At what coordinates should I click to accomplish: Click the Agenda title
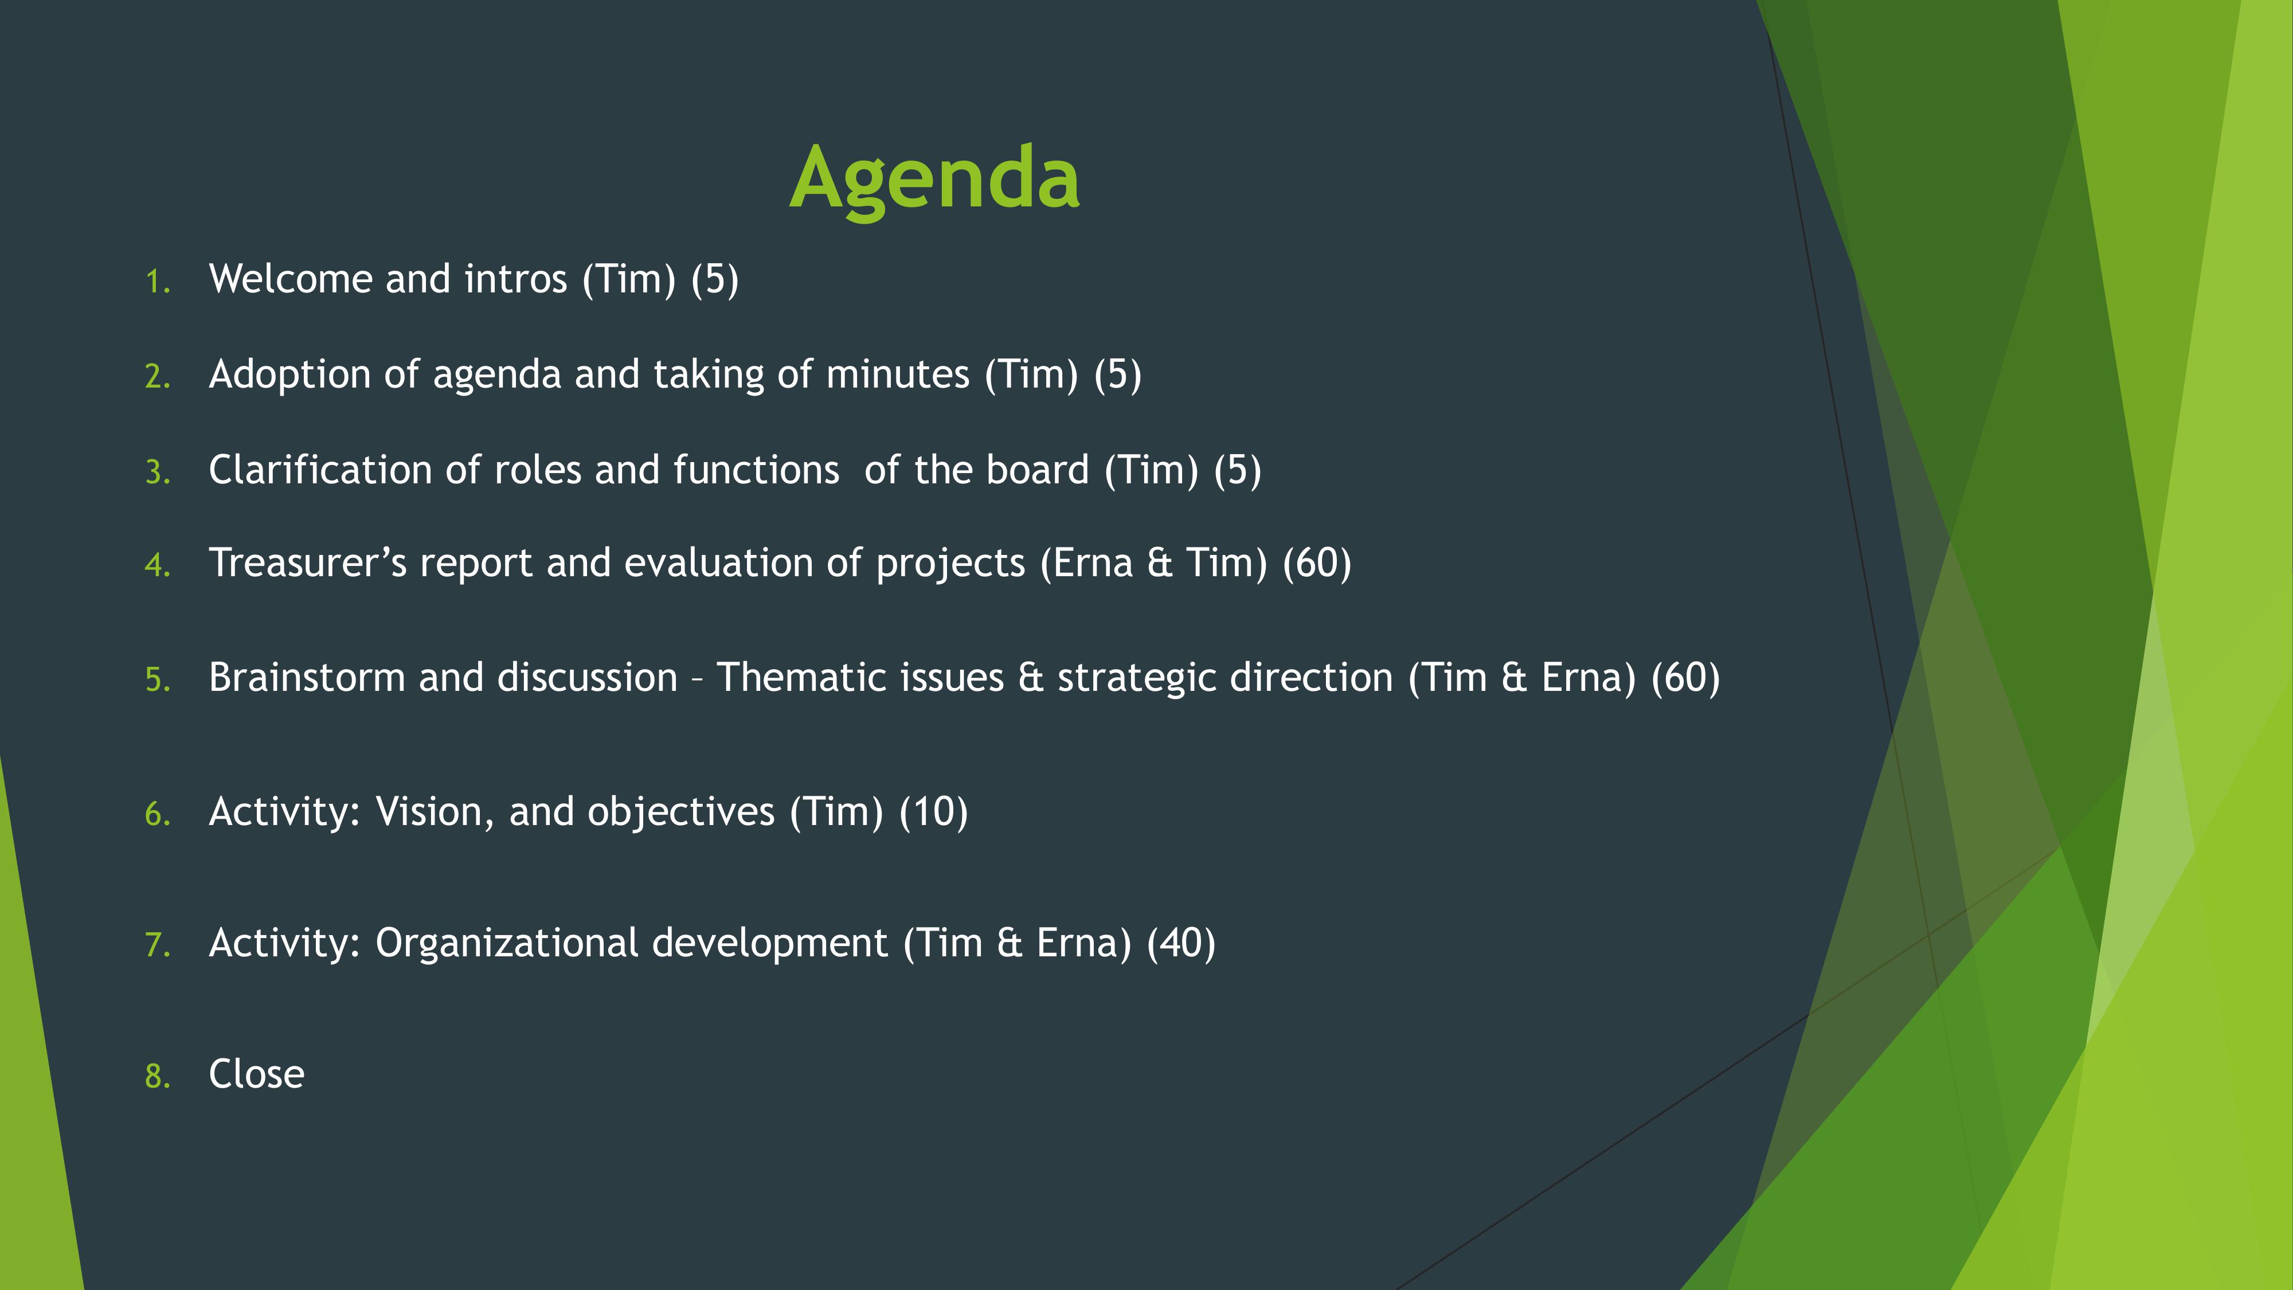pos(934,180)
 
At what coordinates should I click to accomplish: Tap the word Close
pos(256,1074)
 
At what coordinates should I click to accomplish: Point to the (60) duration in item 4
pos(1317,564)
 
